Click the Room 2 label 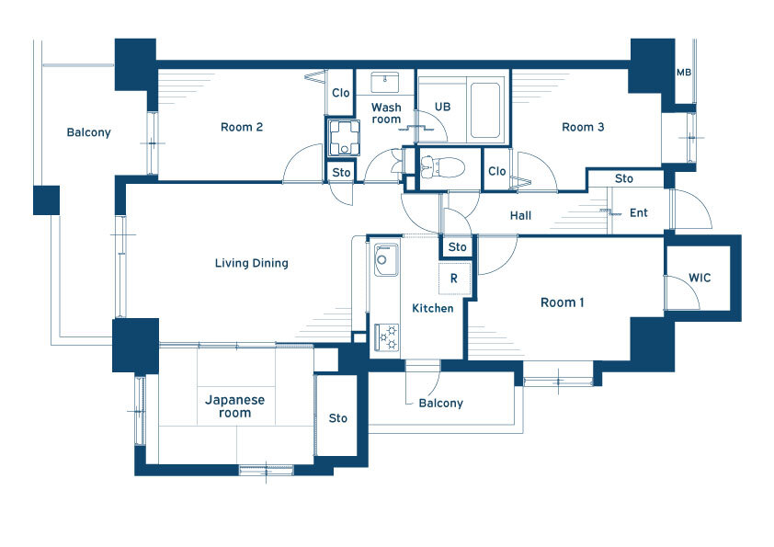(242, 127)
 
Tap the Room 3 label (583, 127)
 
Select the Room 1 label (563, 302)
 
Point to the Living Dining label (251, 263)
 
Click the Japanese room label (234, 406)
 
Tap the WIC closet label (700, 278)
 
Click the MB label (684, 73)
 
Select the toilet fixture (442, 166)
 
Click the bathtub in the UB (485, 110)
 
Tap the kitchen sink (386, 259)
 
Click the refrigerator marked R (454, 279)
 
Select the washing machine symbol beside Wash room (344, 136)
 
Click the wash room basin (384, 82)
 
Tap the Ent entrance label (638, 212)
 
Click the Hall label (520, 215)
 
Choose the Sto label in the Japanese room (337, 418)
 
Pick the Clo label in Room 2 (341, 93)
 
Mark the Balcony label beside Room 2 (89, 132)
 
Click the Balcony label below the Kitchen (441, 404)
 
